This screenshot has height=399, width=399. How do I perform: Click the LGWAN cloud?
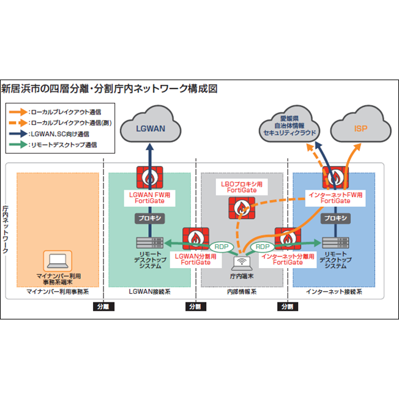coord(149,129)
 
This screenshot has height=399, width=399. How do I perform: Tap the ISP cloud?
coord(361,129)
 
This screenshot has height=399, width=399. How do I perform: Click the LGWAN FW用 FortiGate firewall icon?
coord(149,177)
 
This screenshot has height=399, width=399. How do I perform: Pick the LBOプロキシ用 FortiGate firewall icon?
coord(242,210)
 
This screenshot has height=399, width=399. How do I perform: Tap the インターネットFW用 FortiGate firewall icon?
coord(335,177)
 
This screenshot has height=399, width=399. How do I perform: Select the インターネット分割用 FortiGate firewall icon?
coord(287,237)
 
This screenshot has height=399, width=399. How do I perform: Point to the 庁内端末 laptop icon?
coord(241,263)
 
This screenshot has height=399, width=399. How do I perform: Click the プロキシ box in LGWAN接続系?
coord(149,217)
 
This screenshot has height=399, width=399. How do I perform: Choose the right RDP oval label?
coord(263,246)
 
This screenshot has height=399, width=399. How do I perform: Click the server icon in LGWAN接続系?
coord(149,243)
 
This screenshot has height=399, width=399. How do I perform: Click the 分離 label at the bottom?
coord(102,306)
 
